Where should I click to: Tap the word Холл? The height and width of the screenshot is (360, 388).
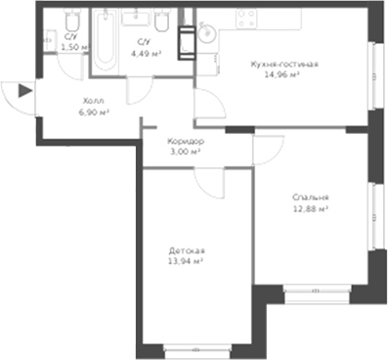coord(92,101)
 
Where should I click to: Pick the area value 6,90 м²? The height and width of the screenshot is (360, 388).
coord(92,112)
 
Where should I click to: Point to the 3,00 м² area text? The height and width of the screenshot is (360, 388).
coord(185,152)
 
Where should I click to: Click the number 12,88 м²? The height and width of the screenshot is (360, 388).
coord(308,208)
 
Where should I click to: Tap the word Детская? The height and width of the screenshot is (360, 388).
coord(185,251)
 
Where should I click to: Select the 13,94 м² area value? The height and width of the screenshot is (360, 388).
coord(185,262)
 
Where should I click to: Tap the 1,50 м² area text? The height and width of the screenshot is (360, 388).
coord(71,46)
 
